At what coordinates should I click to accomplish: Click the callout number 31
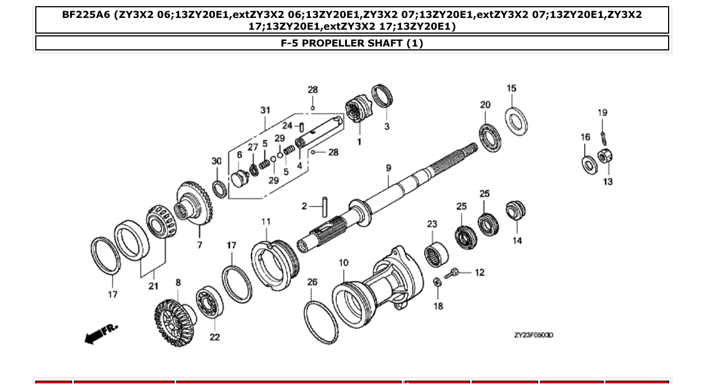point(265,110)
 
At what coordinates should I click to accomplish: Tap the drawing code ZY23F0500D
point(533,335)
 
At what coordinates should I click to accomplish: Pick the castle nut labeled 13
point(604,157)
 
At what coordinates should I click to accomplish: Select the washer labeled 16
point(588,165)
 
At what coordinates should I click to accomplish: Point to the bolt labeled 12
point(453,274)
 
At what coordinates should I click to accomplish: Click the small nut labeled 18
point(438,282)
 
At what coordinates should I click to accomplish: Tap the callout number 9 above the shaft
point(388,168)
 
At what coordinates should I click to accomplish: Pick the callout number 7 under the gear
point(199,245)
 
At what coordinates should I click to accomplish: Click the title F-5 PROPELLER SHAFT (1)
point(352,43)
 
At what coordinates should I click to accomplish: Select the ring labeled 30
point(219,189)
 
